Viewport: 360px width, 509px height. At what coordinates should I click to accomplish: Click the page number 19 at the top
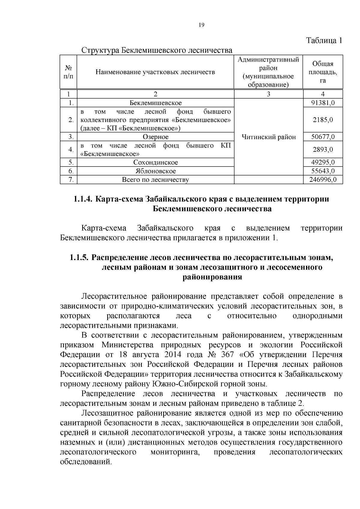pyautogui.click(x=201, y=25)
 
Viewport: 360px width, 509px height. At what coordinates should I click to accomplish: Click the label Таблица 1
pyautogui.click(x=324, y=40)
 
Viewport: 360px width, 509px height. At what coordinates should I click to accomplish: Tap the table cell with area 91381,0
pyautogui.click(x=322, y=103)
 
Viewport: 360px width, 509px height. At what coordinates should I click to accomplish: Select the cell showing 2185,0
pyautogui.click(x=322, y=120)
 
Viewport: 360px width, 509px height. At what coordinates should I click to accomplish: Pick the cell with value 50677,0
pyautogui.click(x=322, y=137)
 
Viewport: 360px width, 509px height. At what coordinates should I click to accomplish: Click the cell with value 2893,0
pyautogui.click(x=322, y=150)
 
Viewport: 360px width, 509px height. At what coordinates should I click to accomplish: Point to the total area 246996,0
pyautogui.click(x=322, y=180)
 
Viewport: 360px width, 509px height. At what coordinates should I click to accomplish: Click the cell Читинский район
pyautogui.click(x=268, y=137)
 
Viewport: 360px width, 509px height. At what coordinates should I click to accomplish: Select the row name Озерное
pyautogui.click(x=155, y=137)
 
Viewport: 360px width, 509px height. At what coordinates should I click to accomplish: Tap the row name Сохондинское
pyautogui.click(x=155, y=163)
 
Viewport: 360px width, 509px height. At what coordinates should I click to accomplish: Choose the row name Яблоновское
pyautogui.click(x=155, y=171)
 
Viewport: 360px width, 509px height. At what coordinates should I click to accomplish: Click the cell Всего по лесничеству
pyautogui.click(x=155, y=180)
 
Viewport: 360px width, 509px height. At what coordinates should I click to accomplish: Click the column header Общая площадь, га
pyautogui.click(x=322, y=72)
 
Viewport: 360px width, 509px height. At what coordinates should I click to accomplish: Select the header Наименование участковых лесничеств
pyautogui.click(x=155, y=72)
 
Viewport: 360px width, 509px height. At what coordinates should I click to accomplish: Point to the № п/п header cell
pyautogui.click(x=68, y=72)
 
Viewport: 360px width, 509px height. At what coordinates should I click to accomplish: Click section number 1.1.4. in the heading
pyautogui.click(x=83, y=199)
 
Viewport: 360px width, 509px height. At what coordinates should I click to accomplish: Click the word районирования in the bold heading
pyautogui.click(x=212, y=277)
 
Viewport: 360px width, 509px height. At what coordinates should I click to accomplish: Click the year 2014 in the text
pyautogui.click(x=173, y=355)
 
